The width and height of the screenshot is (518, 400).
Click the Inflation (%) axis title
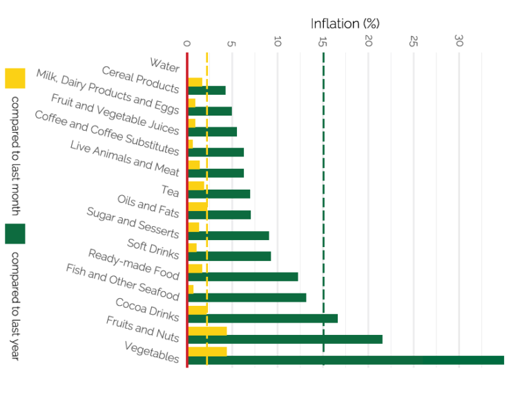[345, 24]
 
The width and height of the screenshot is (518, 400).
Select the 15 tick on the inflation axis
[323, 42]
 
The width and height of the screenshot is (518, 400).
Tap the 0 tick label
[187, 43]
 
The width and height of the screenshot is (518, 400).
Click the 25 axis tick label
[414, 42]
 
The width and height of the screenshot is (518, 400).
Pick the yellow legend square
[15, 78]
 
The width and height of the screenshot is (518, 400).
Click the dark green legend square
[15, 234]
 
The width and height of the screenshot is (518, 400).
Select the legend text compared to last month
[15, 155]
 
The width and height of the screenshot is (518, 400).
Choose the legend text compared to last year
[15, 305]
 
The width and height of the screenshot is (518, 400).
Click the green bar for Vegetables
[345, 360]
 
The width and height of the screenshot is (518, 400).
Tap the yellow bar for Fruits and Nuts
[207, 331]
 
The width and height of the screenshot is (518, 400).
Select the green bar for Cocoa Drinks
[262, 318]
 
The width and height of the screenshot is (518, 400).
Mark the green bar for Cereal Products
[207, 90]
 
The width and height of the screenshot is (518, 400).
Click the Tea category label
[171, 190]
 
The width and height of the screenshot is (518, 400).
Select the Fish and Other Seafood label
[123, 282]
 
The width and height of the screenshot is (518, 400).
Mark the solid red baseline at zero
[187, 208]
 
